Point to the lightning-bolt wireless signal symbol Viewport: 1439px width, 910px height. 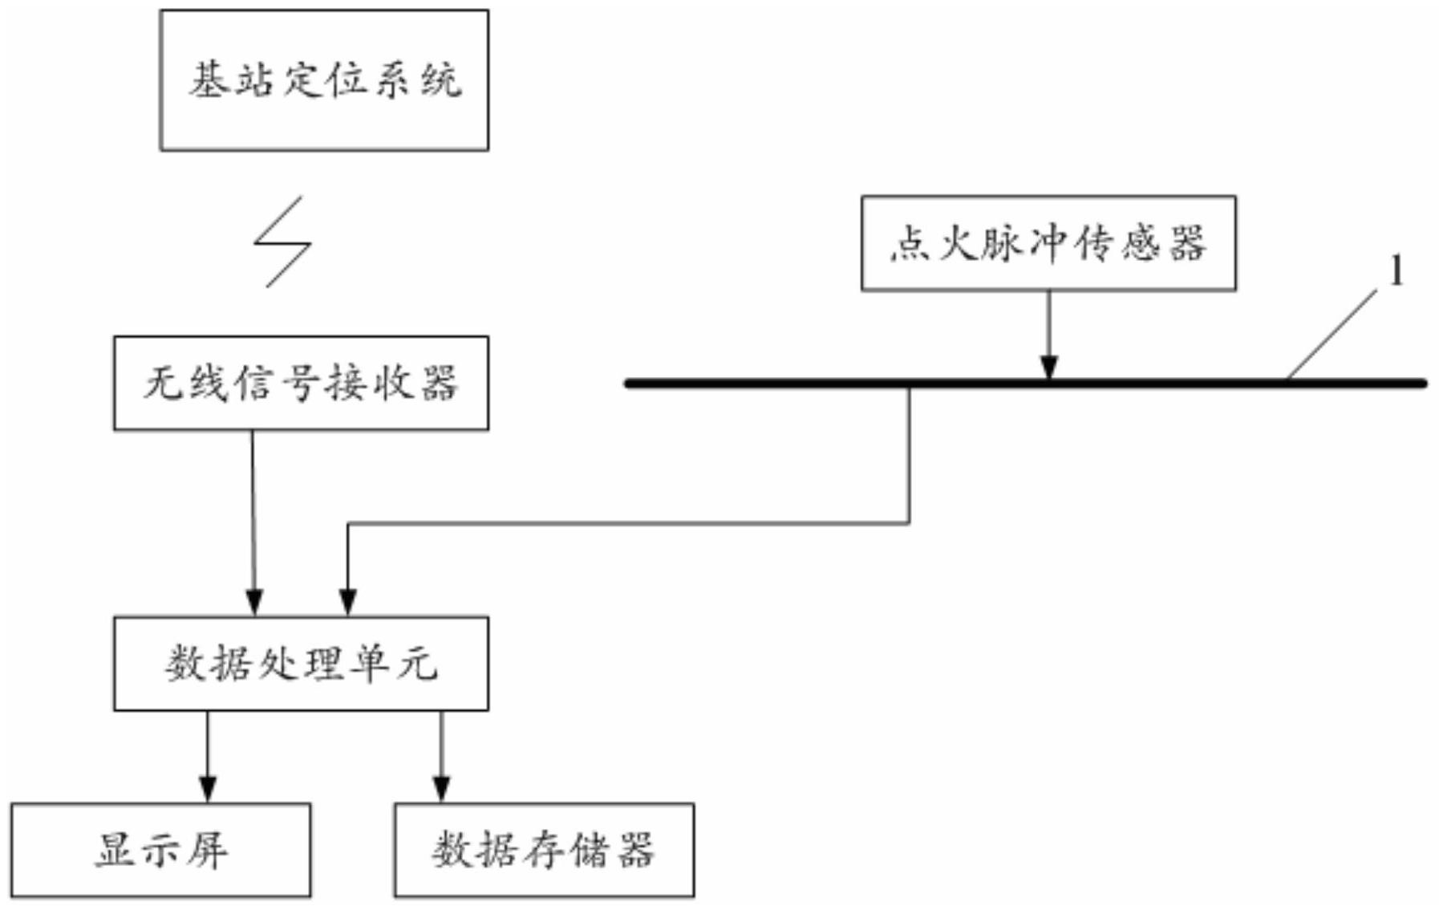(x=282, y=242)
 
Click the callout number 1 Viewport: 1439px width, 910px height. (x=1396, y=271)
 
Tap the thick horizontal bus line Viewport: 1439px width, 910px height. (x=1025, y=384)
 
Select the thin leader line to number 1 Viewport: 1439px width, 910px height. (x=1332, y=335)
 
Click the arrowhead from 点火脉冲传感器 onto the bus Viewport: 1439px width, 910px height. (x=1048, y=367)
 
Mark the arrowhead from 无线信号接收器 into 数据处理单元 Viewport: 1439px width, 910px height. (x=254, y=603)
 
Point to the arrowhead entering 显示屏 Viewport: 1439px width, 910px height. (x=208, y=790)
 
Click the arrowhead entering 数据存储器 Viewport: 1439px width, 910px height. (x=441, y=790)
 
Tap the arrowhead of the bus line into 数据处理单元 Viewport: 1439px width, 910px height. (x=347, y=603)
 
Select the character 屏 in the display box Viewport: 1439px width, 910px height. (x=209, y=850)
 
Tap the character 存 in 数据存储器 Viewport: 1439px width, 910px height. (x=544, y=850)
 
